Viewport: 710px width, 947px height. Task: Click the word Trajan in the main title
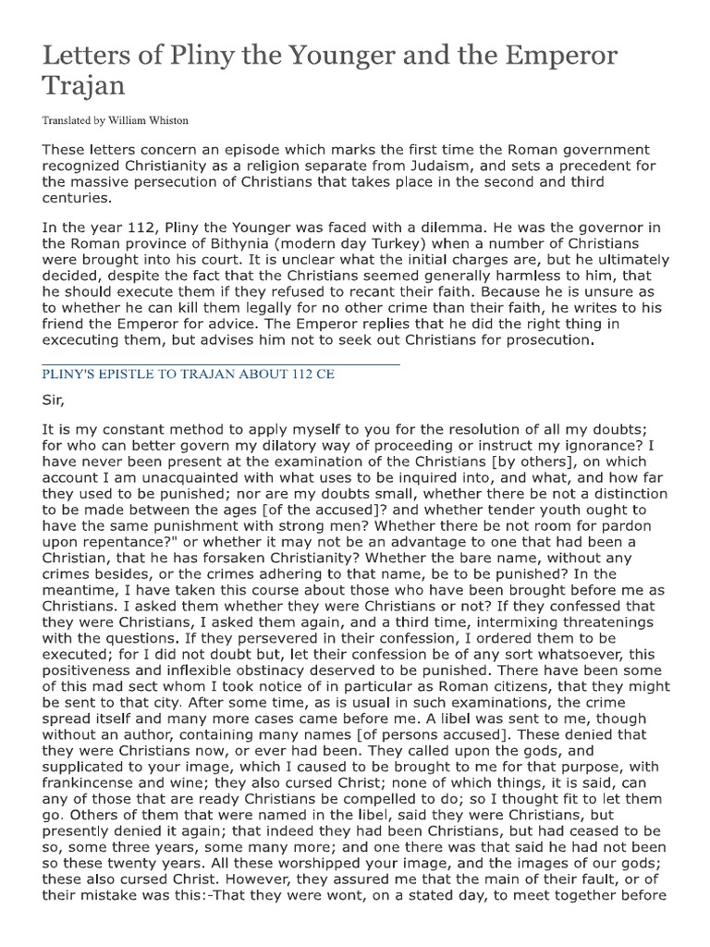(82, 88)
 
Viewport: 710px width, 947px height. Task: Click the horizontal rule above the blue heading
(221, 364)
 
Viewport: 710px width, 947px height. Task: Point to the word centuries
(77, 196)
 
